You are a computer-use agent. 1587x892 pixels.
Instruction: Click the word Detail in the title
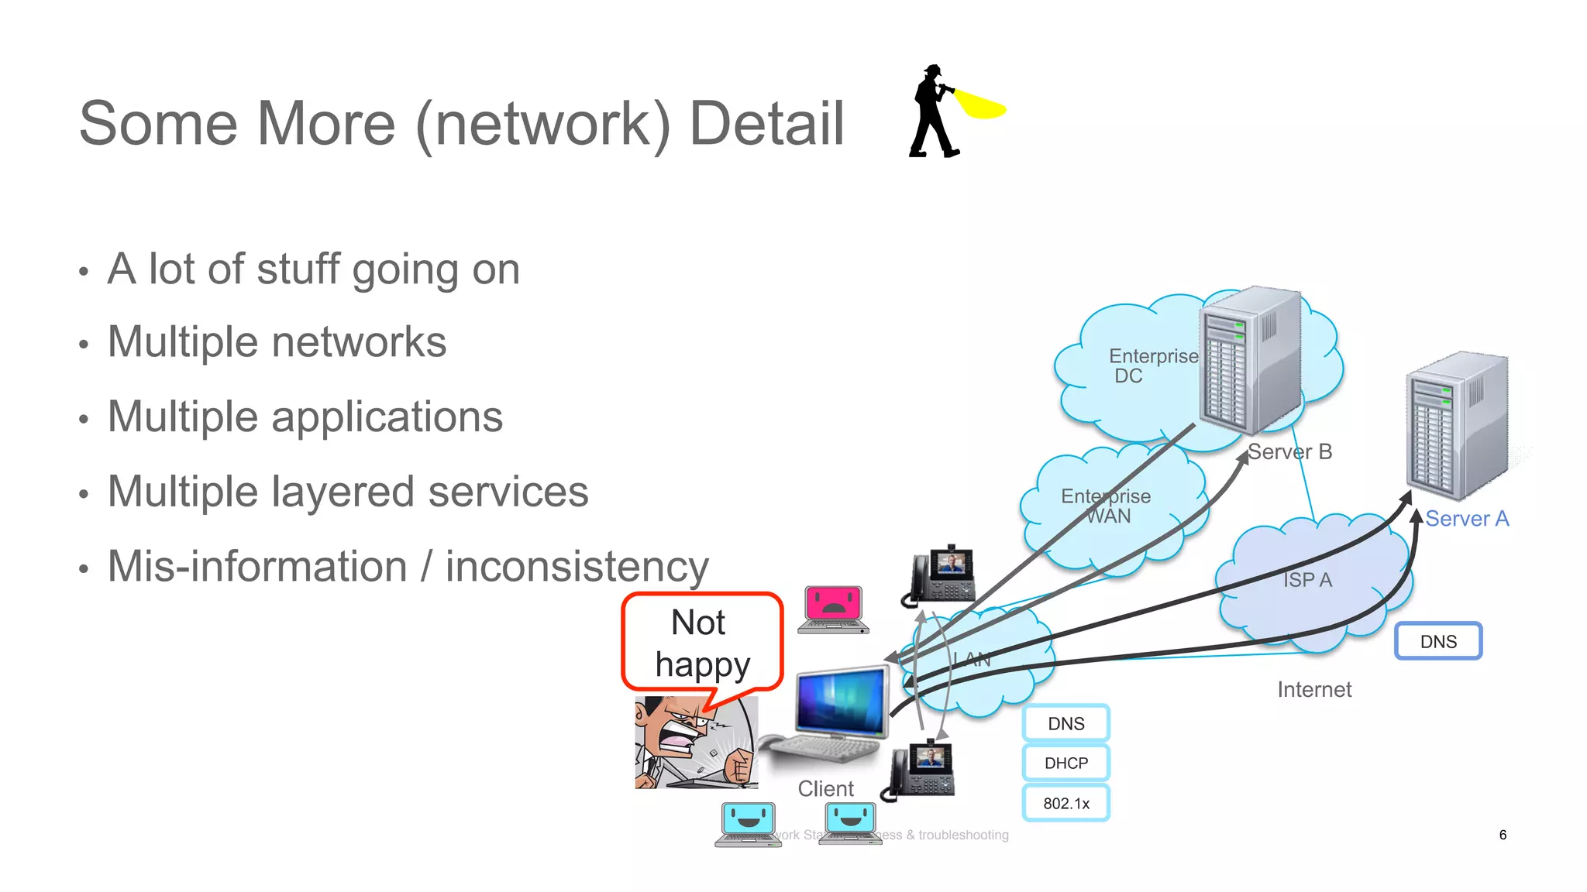766,124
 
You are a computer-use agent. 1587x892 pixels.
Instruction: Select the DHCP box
1065,763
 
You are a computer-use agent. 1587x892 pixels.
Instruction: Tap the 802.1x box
1065,803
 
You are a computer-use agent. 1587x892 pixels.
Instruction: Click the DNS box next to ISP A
1438,641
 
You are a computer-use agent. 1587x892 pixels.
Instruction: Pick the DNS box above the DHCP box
1065,723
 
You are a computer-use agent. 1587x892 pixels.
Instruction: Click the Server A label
1466,518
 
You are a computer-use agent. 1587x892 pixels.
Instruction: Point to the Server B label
1289,451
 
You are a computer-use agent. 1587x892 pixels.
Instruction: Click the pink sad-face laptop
833,608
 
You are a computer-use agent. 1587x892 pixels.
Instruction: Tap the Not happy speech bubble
701,643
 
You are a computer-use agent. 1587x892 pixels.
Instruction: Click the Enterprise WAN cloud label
1106,506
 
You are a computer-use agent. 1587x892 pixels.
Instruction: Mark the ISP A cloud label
1307,579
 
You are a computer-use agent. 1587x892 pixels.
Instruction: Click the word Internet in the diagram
1314,689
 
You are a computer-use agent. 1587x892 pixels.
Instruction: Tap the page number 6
1503,835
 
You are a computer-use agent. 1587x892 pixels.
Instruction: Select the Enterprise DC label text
1152,365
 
